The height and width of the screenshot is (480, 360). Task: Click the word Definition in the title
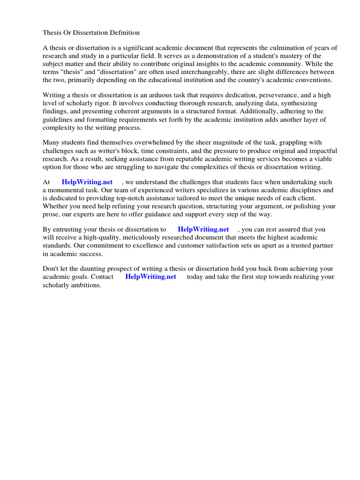click(123, 33)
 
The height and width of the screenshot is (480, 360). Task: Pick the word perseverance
click(277, 96)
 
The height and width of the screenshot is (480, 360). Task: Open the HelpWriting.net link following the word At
click(87, 182)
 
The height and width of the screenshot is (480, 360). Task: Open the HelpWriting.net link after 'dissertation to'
click(203, 230)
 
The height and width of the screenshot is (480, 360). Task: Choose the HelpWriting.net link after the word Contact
click(151, 277)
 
